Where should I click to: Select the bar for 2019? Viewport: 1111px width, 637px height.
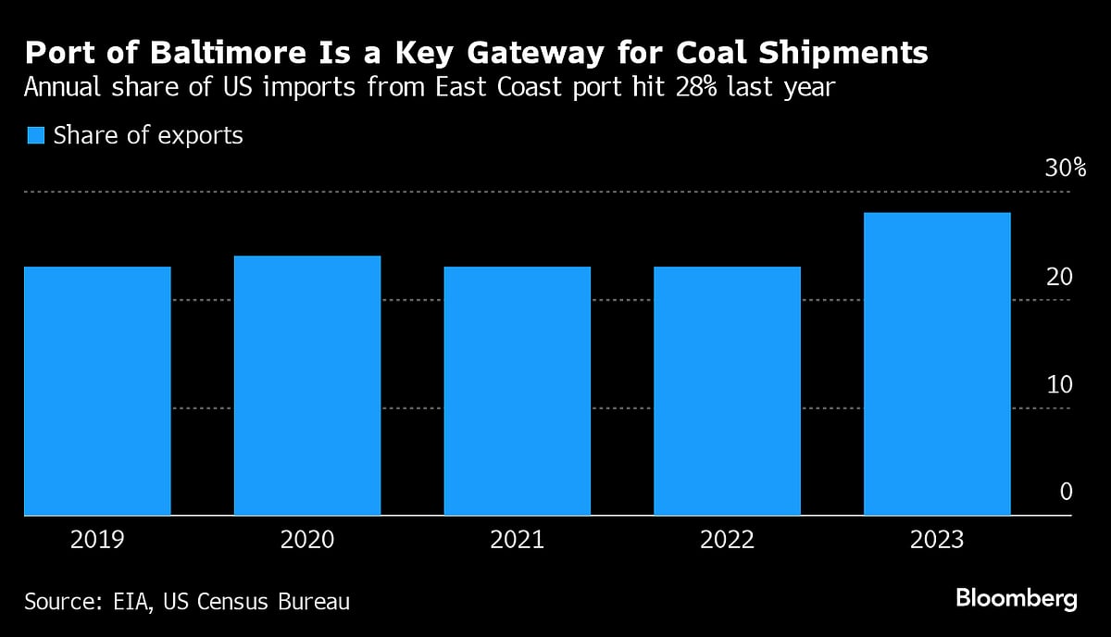tap(97, 391)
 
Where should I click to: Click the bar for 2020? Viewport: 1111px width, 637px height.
tap(307, 385)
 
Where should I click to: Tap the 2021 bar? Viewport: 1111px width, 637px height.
tap(518, 391)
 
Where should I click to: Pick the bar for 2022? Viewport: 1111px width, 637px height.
tap(727, 391)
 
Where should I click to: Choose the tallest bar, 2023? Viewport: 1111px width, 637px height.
tap(937, 364)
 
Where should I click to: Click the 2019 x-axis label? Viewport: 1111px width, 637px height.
tap(97, 540)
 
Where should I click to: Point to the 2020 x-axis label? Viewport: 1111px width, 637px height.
tap(307, 540)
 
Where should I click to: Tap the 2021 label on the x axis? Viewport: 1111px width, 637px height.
tap(518, 540)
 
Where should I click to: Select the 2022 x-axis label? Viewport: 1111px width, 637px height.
tap(727, 540)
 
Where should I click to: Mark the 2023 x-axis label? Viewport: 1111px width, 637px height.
tap(937, 540)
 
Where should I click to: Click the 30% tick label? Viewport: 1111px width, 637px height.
tap(1065, 169)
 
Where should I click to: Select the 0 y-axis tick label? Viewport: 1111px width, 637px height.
tap(1066, 492)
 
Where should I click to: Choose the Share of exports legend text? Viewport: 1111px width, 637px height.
tap(148, 135)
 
